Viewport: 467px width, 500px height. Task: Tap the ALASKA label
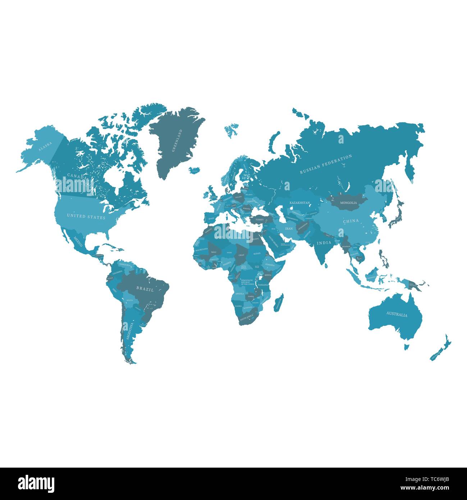pyautogui.click(x=45, y=146)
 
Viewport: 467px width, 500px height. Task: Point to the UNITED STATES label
pyautogui.click(x=86, y=217)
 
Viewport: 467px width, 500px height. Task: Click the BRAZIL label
pyautogui.click(x=145, y=289)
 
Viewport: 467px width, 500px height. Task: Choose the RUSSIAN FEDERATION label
pyautogui.click(x=326, y=164)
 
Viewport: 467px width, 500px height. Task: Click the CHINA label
pyautogui.click(x=351, y=221)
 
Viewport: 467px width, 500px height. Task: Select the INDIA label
pyautogui.click(x=324, y=243)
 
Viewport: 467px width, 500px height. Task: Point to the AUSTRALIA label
pyautogui.click(x=397, y=314)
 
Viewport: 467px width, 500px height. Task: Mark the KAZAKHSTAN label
pyautogui.click(x=299, y=203)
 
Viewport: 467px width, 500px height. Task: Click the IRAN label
pyautogui.click(x=289, y=228)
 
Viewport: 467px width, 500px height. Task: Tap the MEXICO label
pyautogui.click(x=78, y=241)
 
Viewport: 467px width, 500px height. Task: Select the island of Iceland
pyautogui.click(x=194, y=170)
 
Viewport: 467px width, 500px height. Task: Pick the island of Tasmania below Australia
pyautogui.click(x=407, y=347)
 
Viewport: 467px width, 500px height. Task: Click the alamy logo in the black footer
pyautogui.click(x=36, y=483)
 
